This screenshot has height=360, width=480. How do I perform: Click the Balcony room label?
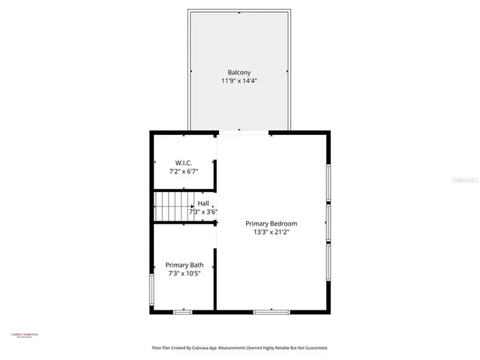point(239,72)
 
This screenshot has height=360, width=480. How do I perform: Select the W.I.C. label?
point(183,163)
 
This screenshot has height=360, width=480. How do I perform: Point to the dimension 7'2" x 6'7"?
point(183,172)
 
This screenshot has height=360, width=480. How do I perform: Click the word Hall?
point(203,203)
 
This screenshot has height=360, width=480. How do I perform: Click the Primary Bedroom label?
point(271,223)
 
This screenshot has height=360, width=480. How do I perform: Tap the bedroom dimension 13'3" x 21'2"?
point(271,232)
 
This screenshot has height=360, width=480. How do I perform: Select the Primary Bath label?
point(184,265)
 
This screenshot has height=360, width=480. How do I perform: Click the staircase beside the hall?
point(173,206)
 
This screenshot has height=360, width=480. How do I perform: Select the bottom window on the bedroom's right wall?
point(328,262)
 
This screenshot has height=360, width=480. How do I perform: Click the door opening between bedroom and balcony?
point(243,133)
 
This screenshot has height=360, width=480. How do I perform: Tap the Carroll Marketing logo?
point(24,335)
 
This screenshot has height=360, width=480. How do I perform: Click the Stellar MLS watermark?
point(463,181)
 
